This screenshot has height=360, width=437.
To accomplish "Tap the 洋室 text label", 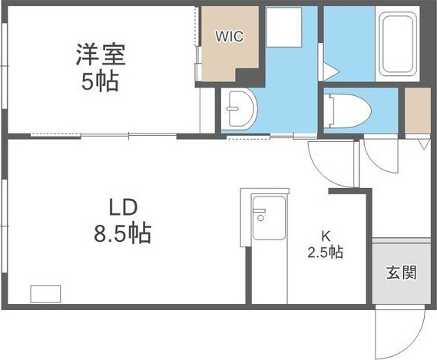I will (x=101, y=55).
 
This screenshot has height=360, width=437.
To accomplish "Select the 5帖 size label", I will (x=101, y=81).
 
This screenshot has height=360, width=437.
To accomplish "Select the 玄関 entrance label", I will (x=402, y=272).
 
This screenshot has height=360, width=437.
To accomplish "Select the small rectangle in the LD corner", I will (x=45, y=293).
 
